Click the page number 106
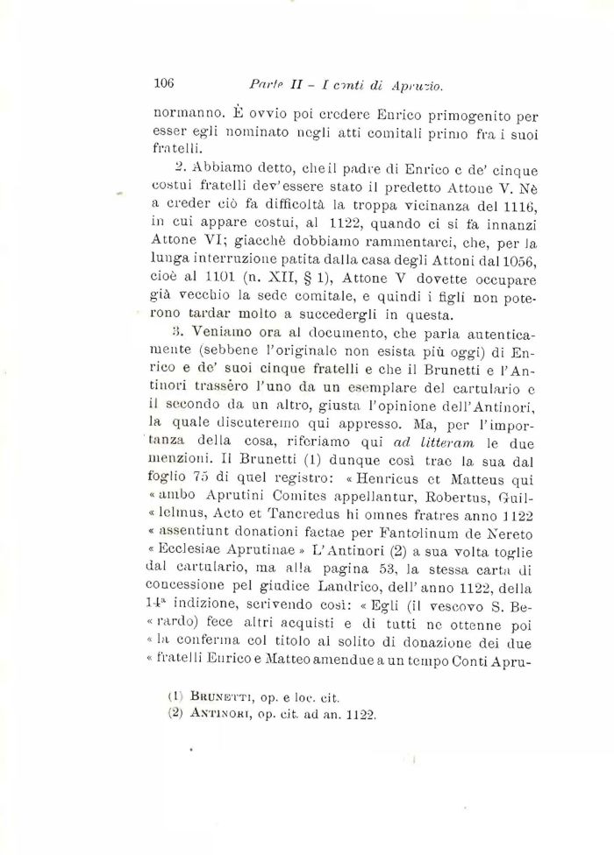coord(164,84)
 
